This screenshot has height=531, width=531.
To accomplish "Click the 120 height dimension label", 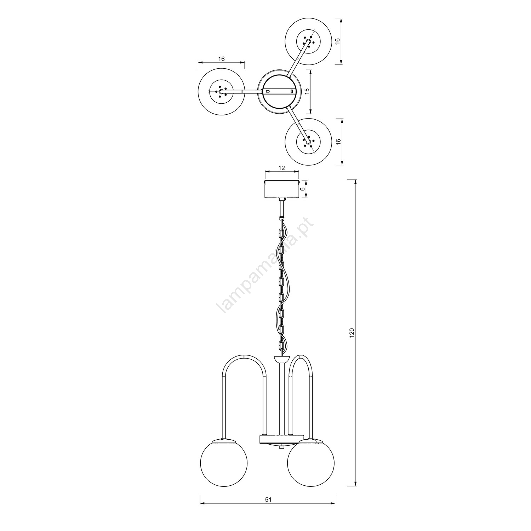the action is point(352,333).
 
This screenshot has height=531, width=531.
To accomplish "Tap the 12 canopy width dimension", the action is point(282,168).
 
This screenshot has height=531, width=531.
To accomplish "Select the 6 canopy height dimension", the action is point(302,189).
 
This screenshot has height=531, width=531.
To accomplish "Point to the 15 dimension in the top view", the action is point(307,91).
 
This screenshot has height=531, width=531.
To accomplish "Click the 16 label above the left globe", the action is point(221,59).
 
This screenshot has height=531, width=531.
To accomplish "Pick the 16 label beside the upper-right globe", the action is point(338,41).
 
